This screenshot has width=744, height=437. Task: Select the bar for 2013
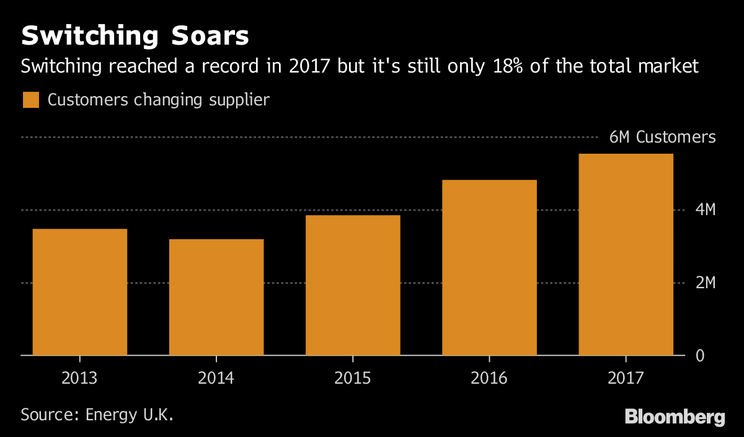(79, 292)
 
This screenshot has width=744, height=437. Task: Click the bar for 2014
(216, 297)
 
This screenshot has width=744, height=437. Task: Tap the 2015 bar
(352, 285)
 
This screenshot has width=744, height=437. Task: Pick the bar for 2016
(489, 267)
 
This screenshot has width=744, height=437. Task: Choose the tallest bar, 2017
(626, 254)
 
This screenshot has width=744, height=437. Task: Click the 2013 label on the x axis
(79, 377)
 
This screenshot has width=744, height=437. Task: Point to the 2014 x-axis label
(216, 377)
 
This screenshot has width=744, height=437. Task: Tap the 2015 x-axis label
(352, 377)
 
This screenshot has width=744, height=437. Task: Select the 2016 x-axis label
(489, 377)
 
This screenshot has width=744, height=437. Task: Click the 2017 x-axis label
(626, 377)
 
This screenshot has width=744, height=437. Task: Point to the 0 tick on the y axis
(700, 356)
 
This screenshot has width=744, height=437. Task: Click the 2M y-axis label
(706, 283)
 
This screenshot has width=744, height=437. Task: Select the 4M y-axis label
(706, 210)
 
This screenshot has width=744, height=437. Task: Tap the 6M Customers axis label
(662, 138)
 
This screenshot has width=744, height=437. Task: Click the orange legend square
(30, 100)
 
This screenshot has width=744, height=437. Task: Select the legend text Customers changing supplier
(158, 100)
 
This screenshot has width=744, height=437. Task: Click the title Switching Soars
(135, 37)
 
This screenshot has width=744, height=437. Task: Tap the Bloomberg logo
(675, 417)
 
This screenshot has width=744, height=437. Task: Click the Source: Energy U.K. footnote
(97, 415)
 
